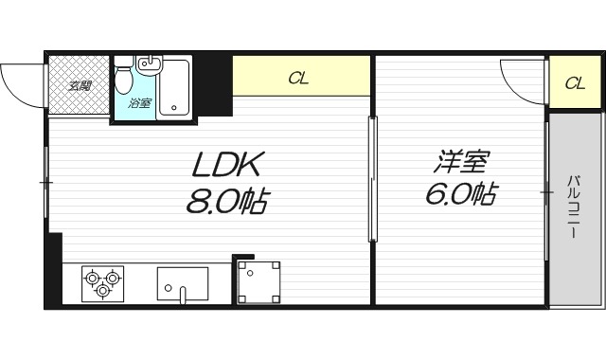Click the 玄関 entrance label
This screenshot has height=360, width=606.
point(80,86)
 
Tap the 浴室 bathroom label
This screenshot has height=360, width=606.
point(139,102)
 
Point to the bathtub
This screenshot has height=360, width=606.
point(175,86)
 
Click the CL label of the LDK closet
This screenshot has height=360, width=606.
point(298,79)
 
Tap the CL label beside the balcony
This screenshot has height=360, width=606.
point(574,82)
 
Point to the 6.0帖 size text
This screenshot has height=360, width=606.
point(461,195)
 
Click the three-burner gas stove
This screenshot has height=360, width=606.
point(102,282)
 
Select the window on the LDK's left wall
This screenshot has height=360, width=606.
point(47,180)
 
